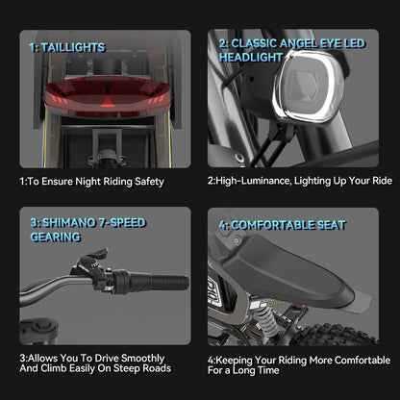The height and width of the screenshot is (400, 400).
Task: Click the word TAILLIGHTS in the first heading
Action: coord(73,47)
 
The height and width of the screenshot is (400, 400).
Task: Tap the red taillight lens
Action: coord(107,96)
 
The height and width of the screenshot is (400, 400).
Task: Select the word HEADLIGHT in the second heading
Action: coord(251,58)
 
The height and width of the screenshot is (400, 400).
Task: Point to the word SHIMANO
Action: coord(69,223)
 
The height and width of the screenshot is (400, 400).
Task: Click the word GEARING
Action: coord(56,237)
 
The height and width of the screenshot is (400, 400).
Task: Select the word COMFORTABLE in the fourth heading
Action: coord(273,225)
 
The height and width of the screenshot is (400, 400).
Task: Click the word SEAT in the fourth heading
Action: coord(332,225)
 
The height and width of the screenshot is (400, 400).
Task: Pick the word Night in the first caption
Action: coord(87,182)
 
